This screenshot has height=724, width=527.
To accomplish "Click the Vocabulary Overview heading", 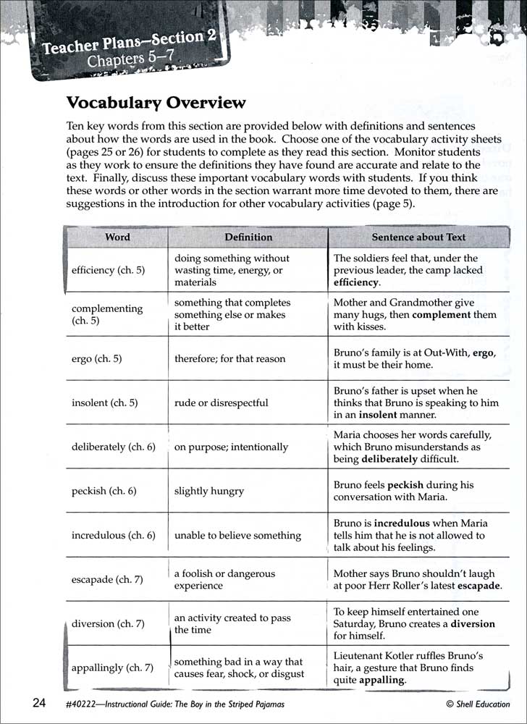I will [x=156, y=103].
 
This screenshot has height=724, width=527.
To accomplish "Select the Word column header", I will [x=118, y=237].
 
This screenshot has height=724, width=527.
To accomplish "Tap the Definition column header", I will [x=248, y=237].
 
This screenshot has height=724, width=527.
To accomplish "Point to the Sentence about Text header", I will [x=418, y=237].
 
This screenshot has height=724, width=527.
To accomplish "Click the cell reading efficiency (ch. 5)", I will [x=109, y=270].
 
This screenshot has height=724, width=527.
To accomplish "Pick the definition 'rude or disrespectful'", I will [x=221, y=403].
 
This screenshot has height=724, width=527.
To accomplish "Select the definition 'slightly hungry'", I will [x=209, y=491].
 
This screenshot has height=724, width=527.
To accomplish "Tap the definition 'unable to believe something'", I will [x=237, y=536].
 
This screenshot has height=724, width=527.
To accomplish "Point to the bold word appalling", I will [x=381, y=681].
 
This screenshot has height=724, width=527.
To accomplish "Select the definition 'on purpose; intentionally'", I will [x=231, y=447].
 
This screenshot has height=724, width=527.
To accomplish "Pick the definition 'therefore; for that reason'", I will [x=229, y=359].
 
